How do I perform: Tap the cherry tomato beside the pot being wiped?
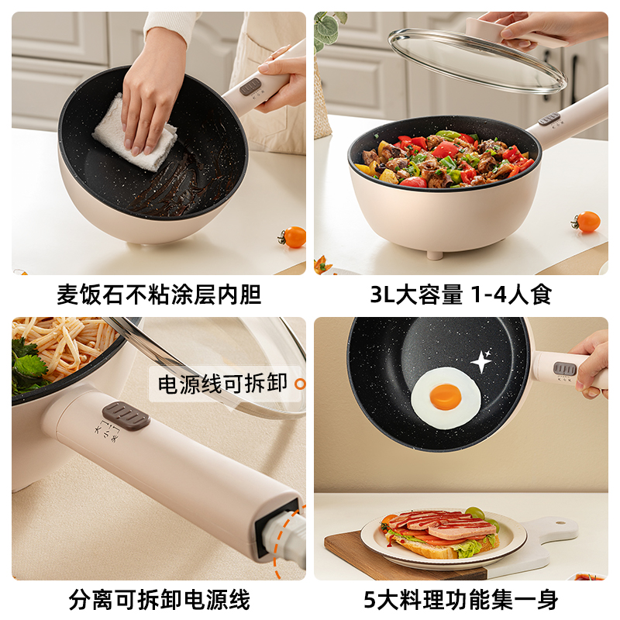click(x=294, y=237)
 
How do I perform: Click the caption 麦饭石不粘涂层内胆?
click(x=159, y=294)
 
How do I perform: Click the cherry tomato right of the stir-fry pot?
click(x=587, y=222)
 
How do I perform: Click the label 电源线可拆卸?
click(x=222, y=384)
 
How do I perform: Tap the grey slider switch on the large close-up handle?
click(x=126, y=415)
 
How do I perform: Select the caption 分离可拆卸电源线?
click(x=159, y=599)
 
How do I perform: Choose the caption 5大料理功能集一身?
click(x=461, y=599)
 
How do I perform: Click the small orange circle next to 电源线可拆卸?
click(x=301, y=384)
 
